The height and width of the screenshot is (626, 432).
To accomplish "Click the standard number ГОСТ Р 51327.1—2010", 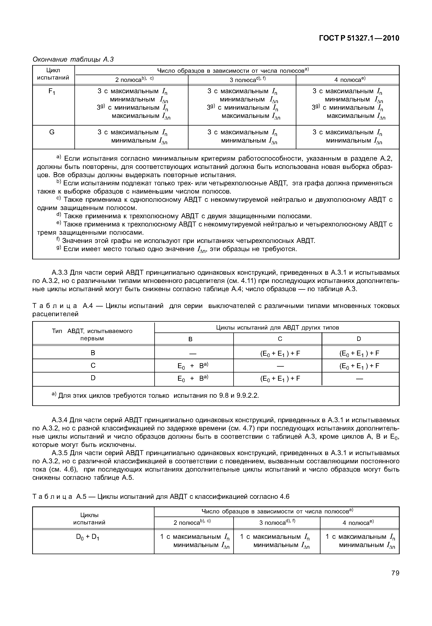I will point(359,38).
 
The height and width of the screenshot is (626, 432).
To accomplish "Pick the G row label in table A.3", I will point(52,132).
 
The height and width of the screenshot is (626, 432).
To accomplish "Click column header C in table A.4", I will point(280,339).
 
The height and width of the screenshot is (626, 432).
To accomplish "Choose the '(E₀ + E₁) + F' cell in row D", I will point(280,379).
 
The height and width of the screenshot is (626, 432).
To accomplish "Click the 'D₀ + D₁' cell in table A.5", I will point(88,537).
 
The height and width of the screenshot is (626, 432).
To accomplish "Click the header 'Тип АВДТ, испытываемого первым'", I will point(92,335).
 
